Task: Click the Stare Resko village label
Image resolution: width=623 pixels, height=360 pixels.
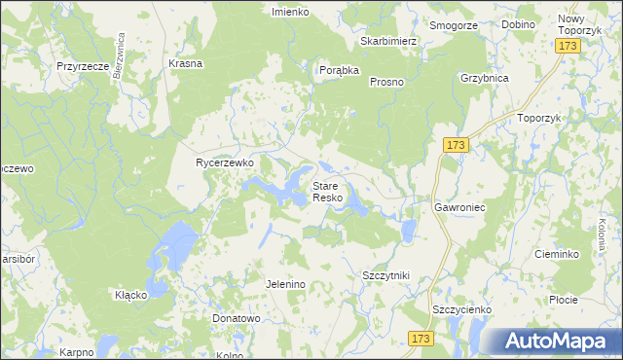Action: click(326, 191)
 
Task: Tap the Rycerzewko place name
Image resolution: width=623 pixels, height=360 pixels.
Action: click(225, 163)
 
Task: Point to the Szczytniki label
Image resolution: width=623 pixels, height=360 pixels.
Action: click(385, 276)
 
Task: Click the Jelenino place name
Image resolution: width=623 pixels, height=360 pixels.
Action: click(286, 284)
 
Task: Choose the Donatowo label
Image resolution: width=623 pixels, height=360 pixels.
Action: click(237, 318)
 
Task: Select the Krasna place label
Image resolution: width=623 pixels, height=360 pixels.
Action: click(185, 63)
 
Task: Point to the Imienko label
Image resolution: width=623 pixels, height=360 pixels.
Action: click(290, 12)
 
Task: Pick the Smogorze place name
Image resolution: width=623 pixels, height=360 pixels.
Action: click(454, 25)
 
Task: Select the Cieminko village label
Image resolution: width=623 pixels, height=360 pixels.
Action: click(558, 254)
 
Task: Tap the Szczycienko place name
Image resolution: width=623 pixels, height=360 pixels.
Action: click(461, 309)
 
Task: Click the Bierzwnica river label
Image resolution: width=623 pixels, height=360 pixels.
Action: click(122, 56)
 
